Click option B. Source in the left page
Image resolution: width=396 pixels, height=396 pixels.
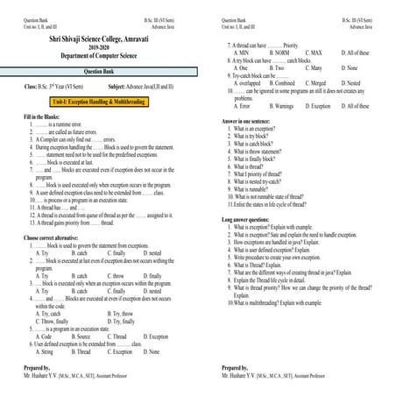click(x=81, y=360)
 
